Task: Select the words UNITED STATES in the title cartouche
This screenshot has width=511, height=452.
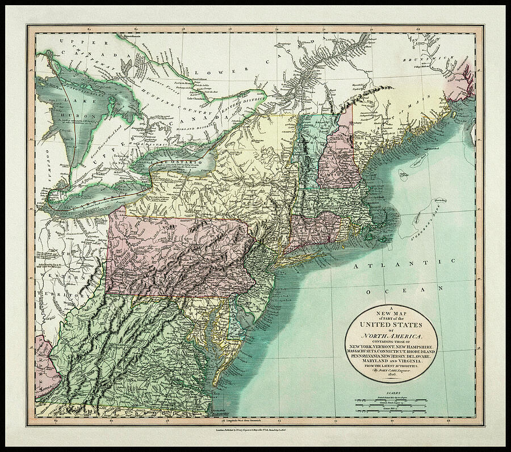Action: click(392, 325)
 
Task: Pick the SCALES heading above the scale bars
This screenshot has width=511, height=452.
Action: click(392, 392)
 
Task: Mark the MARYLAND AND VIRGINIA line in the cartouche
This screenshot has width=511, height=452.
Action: click(392, 361)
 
